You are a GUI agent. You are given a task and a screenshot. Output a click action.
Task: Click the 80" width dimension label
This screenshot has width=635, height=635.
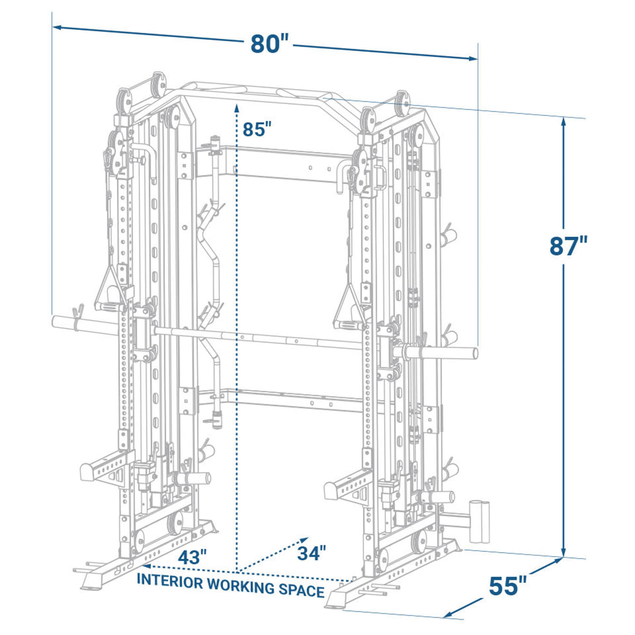(269, 44)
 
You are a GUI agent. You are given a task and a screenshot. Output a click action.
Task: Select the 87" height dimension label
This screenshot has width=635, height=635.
(569, 246)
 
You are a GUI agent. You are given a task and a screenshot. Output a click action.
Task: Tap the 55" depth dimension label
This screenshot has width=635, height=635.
(508, 586)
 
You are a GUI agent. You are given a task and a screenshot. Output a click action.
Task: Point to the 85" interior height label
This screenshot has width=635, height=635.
(257, 129)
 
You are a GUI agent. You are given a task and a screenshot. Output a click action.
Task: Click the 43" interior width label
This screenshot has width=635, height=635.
(192, 557)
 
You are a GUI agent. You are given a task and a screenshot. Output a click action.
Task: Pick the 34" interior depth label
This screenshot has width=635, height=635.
(311, 553)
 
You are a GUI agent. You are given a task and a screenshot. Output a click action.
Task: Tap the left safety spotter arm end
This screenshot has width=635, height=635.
(86, 470)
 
